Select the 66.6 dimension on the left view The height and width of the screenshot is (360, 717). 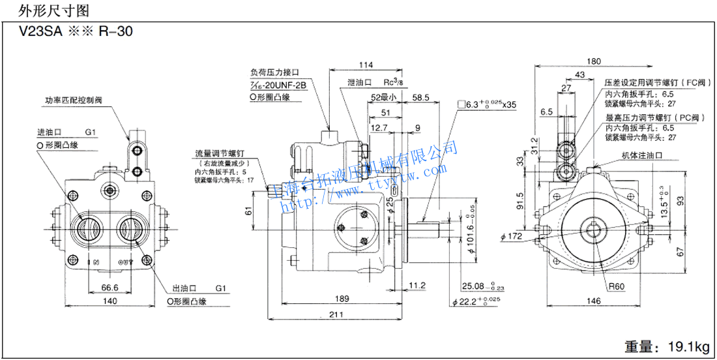[109, 287]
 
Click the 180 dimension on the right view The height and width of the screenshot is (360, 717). [593, 62]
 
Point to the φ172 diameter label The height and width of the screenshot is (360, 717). [514, 235]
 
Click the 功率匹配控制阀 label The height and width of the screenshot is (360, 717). [74, 101]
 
